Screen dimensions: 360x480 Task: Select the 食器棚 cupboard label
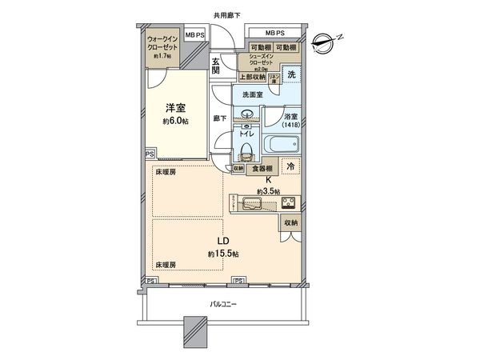pos(264,168)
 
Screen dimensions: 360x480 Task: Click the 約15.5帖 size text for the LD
pos(225,254)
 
